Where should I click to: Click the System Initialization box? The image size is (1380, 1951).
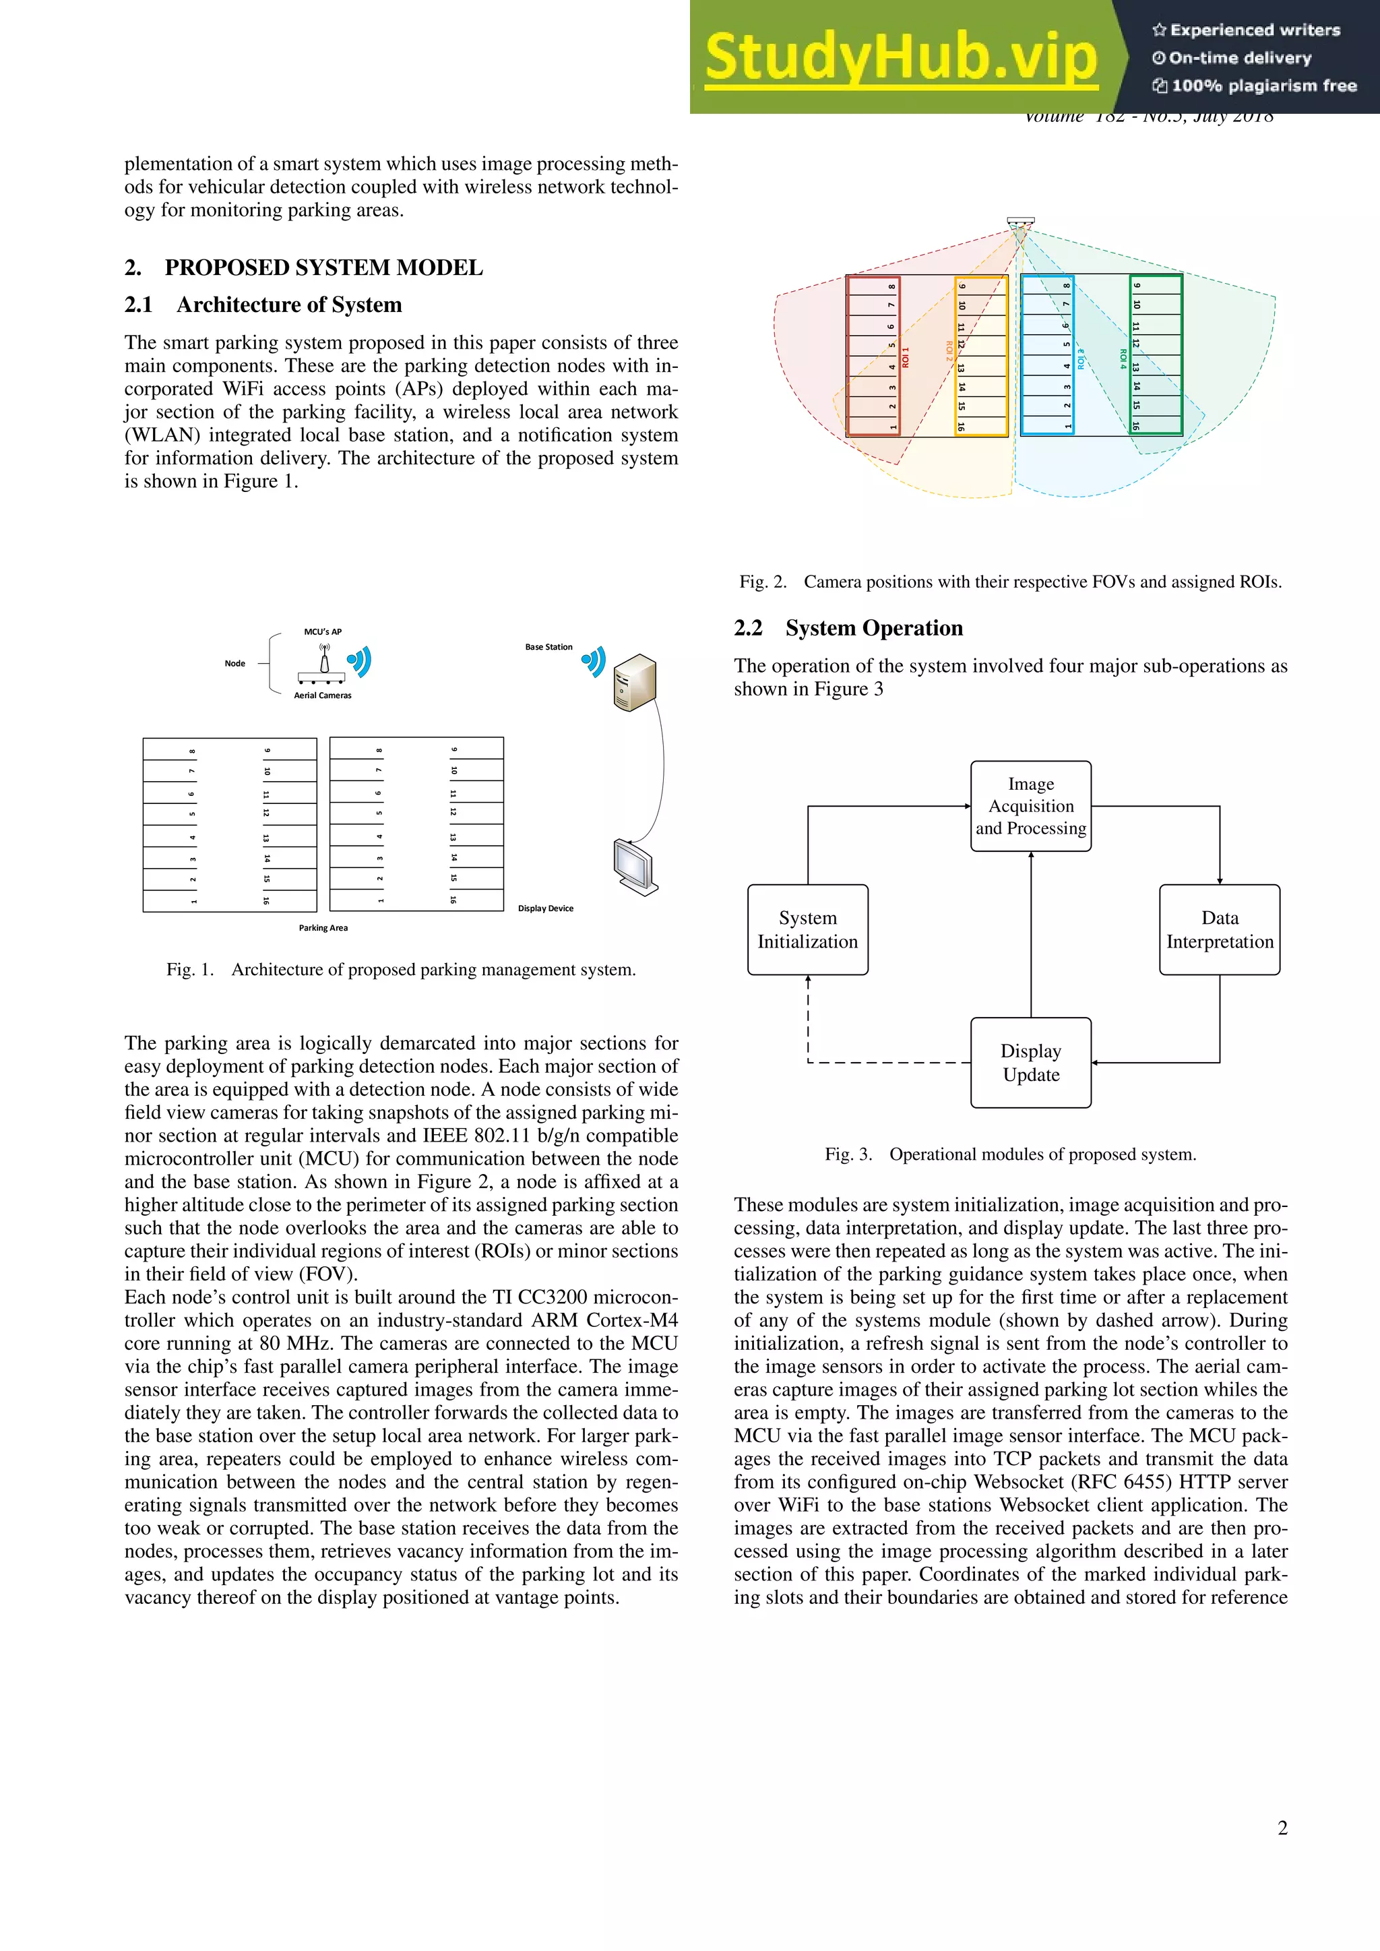pyautogui.click(x=807, y=929)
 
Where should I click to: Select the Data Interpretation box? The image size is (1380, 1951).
pyautogui.click(x=1220, y=929)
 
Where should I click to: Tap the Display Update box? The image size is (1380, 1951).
pyautogui.click(x=1031, y=1063)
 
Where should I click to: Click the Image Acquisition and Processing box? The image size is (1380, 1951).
pyautogui.click(x=1031, y=805)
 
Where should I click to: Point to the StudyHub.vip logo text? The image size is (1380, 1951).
pyautogui.click(x=901, y=58)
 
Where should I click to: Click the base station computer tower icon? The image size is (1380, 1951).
pyautogui.click(x=634, y=682)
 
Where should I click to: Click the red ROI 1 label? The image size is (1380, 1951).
pyautogui.click(x=906, y=357)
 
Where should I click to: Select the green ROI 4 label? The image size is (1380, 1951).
pyautogui.click(x=1123, y=359)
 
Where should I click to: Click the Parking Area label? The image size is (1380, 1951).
pyautogui.click(x=323, y=928)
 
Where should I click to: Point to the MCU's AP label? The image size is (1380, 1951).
pyautogui.click(x=323, y=631)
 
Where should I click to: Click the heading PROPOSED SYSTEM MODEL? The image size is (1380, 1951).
pyautogui.click(x=323, y=268)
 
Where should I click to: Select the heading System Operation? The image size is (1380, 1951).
pyautogui.click(x=873, y=628)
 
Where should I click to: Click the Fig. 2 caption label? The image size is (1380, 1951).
pyautogui.click(x=762, y=582)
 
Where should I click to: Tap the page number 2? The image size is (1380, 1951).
pyautogui.click(x=1282, y=1828)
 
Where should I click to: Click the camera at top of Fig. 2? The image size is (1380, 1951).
pyautogui.click(x=1021, y=222)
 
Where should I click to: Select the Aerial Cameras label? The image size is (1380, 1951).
pyautogui.click(x=323, y=695)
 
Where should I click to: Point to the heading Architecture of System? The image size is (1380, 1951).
pyautogui.click(x=289, y=305)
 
